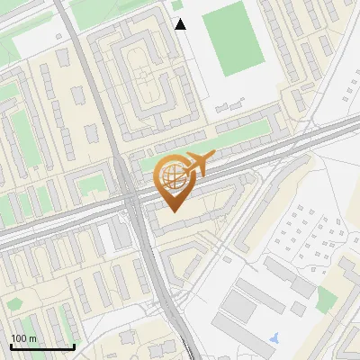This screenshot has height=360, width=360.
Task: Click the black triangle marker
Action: click(x=180, y=24)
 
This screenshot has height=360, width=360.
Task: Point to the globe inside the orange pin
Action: click(x=174, y=176)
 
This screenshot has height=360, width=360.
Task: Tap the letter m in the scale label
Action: click(x=33, y=338)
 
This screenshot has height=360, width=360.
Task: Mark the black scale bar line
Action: click(x=41, y=347)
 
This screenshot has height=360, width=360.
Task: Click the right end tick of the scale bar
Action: click(x=73, y=346)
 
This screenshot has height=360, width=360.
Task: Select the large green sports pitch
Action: click(x=232, y=38)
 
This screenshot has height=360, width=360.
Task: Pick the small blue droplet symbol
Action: click(x=274, y=337)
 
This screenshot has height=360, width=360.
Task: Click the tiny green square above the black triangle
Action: click(x=178, y=4)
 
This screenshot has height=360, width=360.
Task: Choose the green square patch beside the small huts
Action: click(x=326, y=300)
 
